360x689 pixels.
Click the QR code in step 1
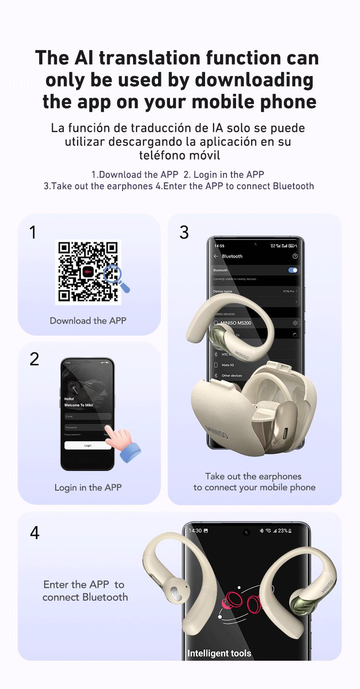pyautogui.click(x=88, y=272)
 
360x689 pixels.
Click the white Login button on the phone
pyautogui.click(x=87, y=446)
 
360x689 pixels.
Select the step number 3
pyautogui.click(x=184, y=233)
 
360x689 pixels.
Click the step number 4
pyautogui.click(x=35, y=533)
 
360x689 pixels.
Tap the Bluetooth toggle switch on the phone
pyautogui.click(x=293, y=270)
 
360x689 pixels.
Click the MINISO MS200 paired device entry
pyautogui.click(x=236, y=323)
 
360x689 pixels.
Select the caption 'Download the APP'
pyautogui.click(x=88, y=321)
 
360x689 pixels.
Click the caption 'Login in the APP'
pyautogui.click(x=88, y=487)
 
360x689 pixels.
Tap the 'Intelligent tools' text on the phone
pyautogui.click(x=219, y=653)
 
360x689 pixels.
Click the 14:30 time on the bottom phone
pyautogui.click(x=195, y=531)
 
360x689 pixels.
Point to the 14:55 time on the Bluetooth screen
pyautogui.click(x=219, y=246)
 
